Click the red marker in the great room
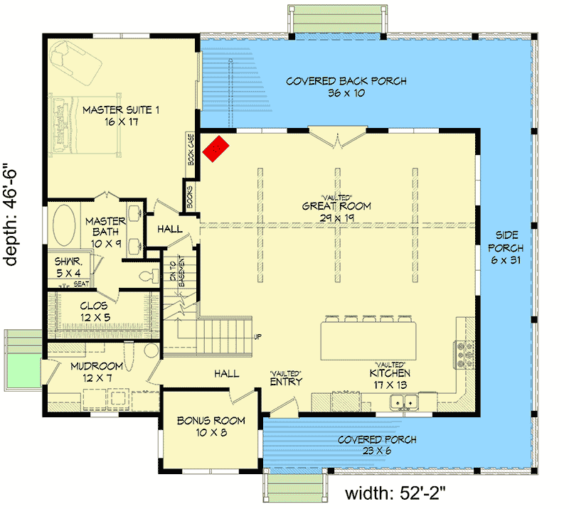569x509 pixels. pyautogui.click(x=217, y=148)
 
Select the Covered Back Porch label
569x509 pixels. pyautogui.click(x=346, y=87)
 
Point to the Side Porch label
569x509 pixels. pyautogui.click(x=506, y=249)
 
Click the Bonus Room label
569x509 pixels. pyautogui.click(x=211, y=426)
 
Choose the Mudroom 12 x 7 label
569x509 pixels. pyautogui.click(x=97, y=372)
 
